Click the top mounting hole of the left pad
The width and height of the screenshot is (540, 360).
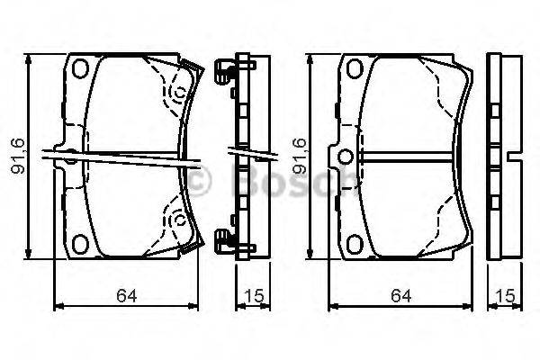pos(80,68)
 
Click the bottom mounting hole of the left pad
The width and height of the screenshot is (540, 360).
pos(80,244)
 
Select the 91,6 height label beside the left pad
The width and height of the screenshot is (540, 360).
pos(18,156)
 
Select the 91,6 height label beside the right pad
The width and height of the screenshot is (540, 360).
pos(300,156)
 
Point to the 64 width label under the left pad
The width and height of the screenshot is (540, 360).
pos(126,296)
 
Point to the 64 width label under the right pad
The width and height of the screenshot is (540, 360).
pos(400,296)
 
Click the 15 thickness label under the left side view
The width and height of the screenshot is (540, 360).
pos(254,296)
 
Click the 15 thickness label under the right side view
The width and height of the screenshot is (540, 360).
pos(505,296)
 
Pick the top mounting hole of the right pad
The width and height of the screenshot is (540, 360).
pos(355,68)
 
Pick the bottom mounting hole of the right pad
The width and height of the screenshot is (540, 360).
pos(355,244)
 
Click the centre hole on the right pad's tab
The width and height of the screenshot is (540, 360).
pos(346,157)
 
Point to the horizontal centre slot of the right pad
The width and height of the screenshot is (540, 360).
pos(408,157)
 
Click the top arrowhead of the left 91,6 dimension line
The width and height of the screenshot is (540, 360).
pos(29,59)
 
